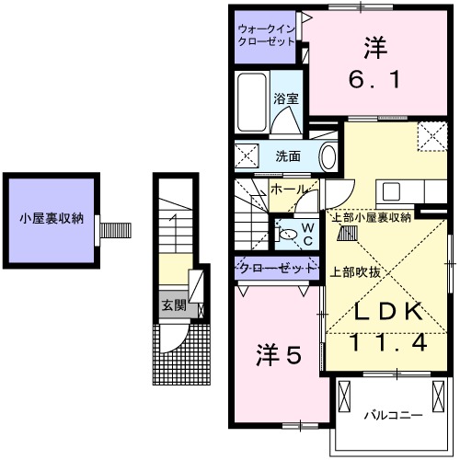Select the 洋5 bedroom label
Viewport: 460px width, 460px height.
pos(278,354)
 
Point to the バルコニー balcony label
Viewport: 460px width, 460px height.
pos(392,414)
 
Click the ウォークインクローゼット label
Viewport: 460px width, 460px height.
pos(266,36)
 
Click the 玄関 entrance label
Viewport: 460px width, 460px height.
pos(173,305)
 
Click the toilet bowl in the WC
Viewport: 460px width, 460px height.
pos(288,236)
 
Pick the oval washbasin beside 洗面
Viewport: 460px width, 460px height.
pos(328,156)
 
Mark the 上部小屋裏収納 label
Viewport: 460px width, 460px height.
pos(371,218)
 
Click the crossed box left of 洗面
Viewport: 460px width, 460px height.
pos(246,155)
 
